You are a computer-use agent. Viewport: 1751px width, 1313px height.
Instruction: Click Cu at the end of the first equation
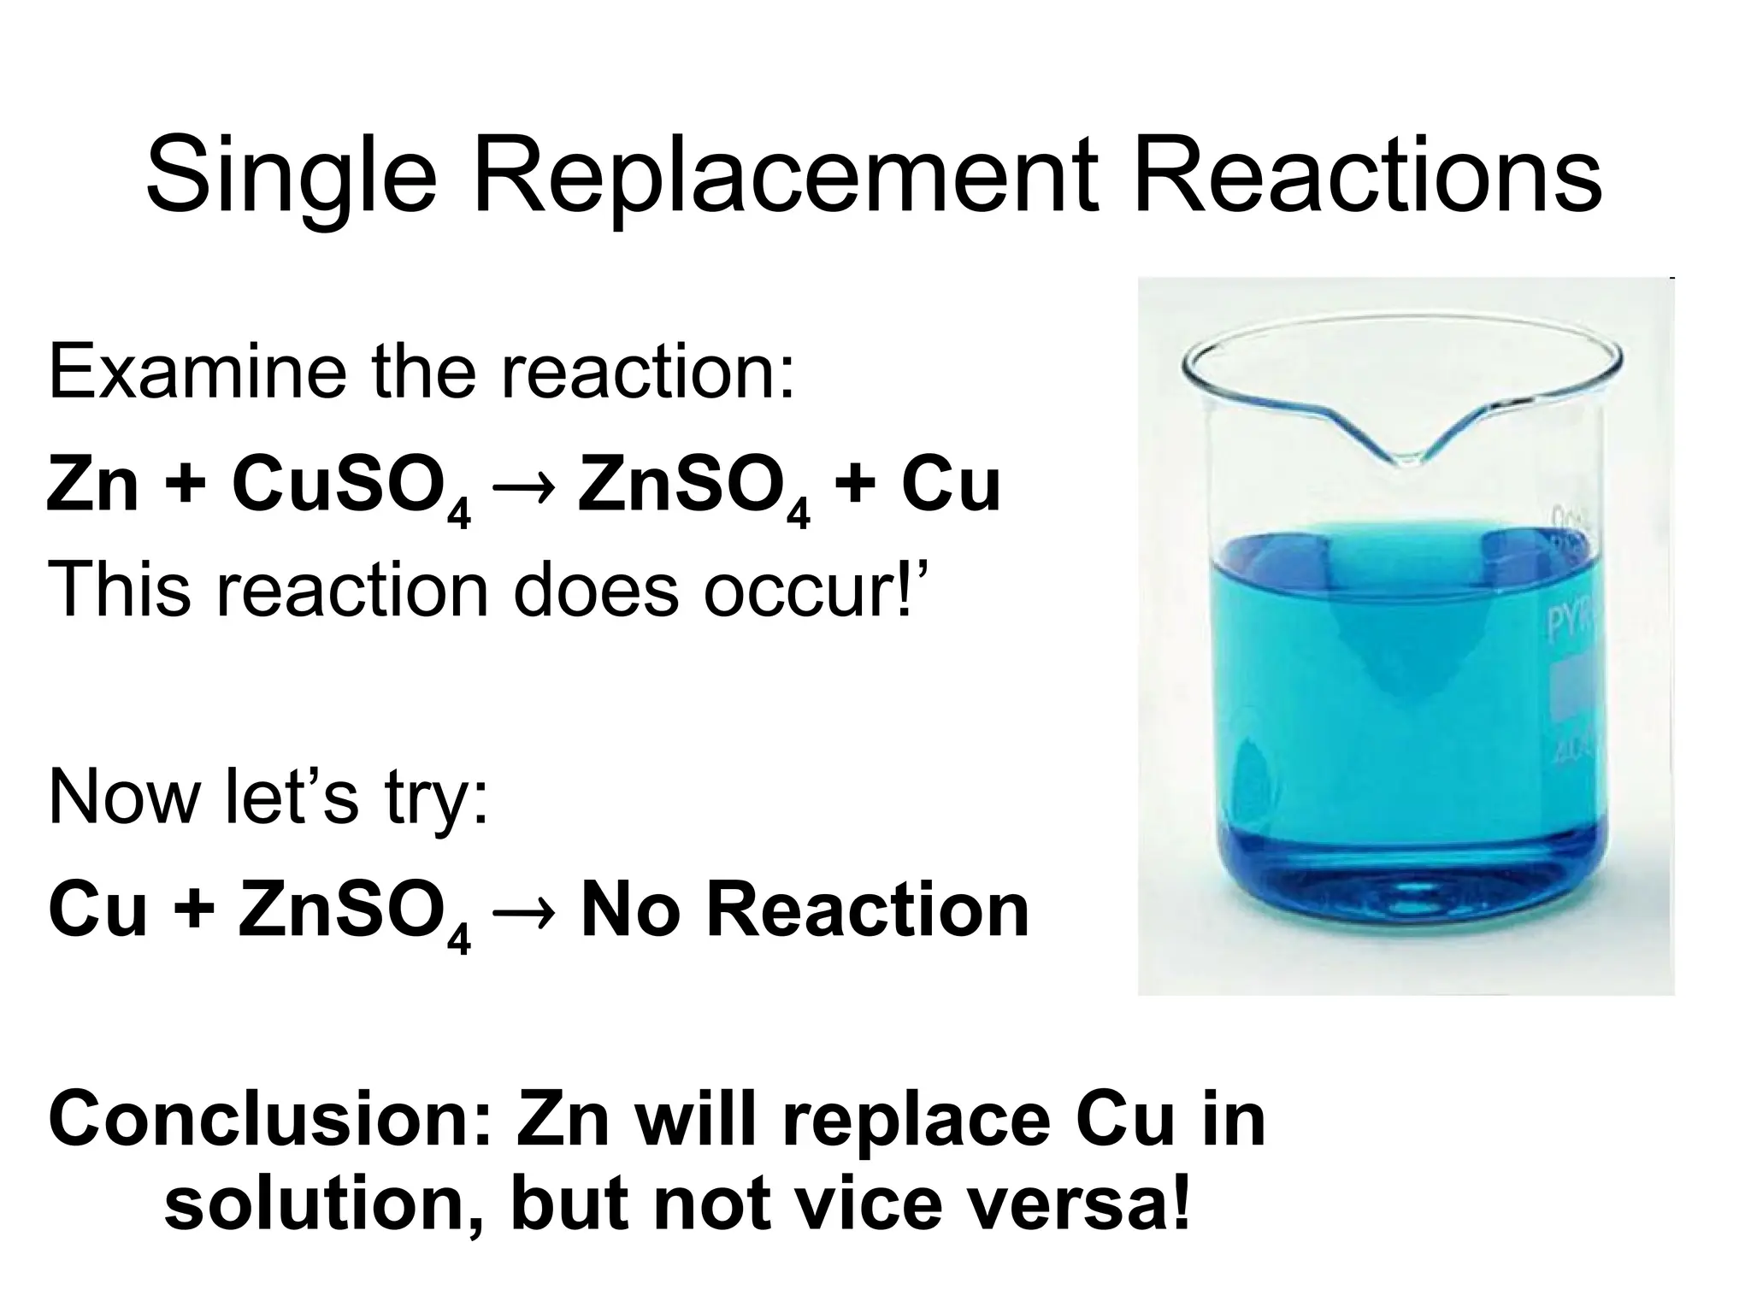(949, 484)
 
